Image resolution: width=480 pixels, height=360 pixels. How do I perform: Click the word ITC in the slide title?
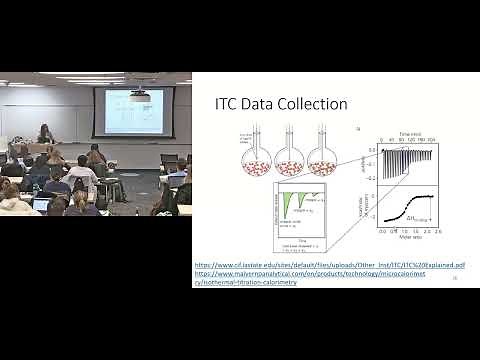230,104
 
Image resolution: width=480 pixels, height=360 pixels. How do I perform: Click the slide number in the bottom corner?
455,280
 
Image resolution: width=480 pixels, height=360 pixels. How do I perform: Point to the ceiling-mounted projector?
138,94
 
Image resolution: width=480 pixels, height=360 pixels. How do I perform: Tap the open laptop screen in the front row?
40,203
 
